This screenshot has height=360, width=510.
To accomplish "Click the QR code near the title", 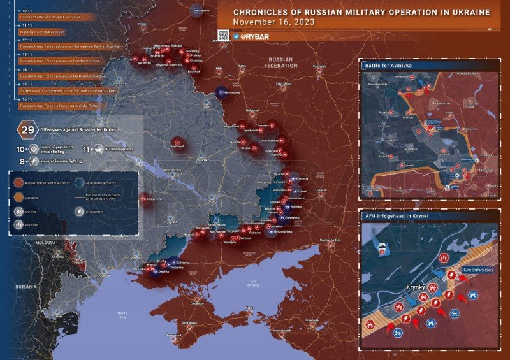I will [x=224, y=36].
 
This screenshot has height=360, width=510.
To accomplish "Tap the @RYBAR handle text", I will [x=255, y=36].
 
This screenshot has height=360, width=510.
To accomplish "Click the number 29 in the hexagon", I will [x=27, y=129].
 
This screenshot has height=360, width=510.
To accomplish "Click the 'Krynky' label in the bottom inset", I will [x=416, y=288].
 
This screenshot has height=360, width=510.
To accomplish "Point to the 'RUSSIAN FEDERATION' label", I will [x=280, y=62].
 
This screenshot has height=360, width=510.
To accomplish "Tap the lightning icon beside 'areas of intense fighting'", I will [x=32, y=162].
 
